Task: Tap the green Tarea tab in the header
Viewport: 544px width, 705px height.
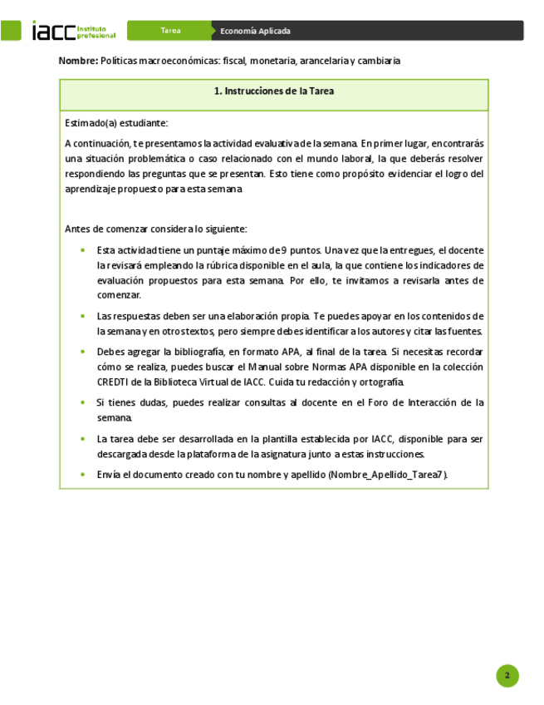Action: (x=171, y=31)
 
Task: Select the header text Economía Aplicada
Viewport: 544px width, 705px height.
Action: (x=255, y=31)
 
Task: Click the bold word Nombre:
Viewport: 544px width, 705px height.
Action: (x=78, y=61)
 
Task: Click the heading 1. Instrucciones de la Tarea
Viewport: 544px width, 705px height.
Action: (x=273, y=91)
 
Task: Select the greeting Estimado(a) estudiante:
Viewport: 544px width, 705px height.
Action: (x=116, y=123)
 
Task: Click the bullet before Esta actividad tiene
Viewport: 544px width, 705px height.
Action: (x=81, y=250)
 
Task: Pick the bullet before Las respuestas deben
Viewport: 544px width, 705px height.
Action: (x=81, y=317)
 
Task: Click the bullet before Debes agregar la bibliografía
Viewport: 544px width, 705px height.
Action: (x=81, y=352)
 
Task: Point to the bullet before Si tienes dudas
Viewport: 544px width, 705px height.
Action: (x=81, y=402)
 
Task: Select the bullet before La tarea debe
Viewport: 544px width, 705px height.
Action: (x=81, y=438)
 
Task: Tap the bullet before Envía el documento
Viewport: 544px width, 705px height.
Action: (x=81, y=474)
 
